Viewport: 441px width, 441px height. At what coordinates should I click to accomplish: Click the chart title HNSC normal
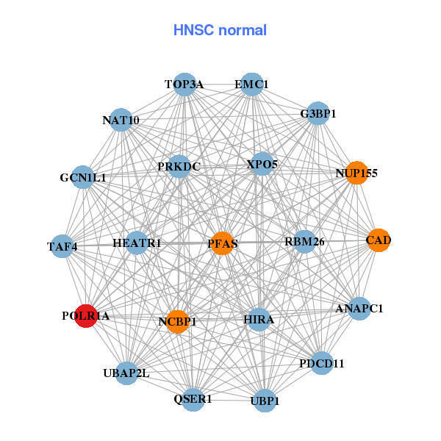[220, 30]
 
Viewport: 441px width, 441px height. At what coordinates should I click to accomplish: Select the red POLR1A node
[86, 316]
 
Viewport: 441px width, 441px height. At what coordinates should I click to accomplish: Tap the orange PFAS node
[222, 243]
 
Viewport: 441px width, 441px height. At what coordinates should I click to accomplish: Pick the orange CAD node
[378, 240]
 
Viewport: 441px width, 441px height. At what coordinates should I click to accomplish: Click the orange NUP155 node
[356, 173]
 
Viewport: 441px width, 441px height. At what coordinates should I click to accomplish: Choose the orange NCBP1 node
[177, 321]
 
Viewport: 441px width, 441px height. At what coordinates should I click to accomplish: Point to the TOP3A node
[184, 85]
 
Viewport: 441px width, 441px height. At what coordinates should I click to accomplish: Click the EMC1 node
[251, 85]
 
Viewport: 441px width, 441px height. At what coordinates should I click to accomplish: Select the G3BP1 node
[318, 114]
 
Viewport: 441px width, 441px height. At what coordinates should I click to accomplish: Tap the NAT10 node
[121, 120]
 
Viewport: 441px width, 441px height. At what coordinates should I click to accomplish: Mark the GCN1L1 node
[83, 177]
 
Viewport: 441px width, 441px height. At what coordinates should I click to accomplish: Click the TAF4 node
[62, 246]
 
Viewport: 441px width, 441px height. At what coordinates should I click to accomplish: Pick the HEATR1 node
[137, 243]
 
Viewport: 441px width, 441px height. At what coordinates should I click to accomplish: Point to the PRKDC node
[179, 167]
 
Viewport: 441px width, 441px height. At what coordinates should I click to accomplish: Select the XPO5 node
[262, 164]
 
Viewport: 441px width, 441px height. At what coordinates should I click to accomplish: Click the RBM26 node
[304, 242]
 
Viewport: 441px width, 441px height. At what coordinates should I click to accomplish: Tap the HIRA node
[259, 320]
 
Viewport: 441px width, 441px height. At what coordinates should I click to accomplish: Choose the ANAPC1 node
[359, 309]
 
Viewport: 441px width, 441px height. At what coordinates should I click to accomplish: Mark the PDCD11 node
[321, 363]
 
